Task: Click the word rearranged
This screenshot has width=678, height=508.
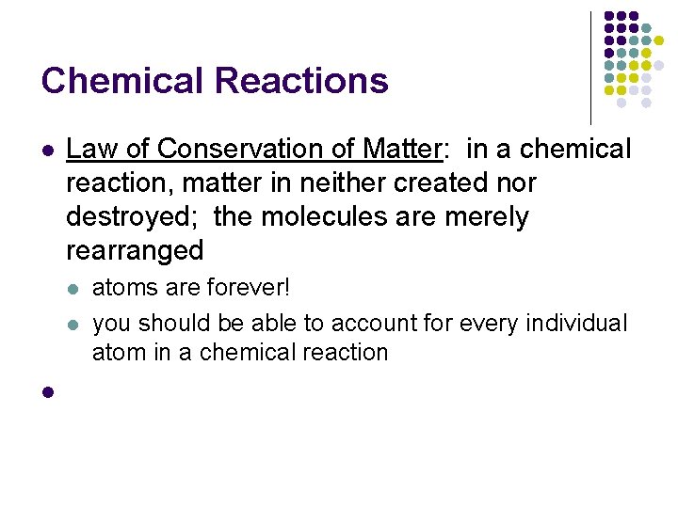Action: tap(135, 250)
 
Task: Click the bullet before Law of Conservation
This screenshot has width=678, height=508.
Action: tap(47, 150)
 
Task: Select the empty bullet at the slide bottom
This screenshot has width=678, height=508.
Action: tap(47, 391)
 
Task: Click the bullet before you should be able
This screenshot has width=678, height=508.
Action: tap(73, 324)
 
